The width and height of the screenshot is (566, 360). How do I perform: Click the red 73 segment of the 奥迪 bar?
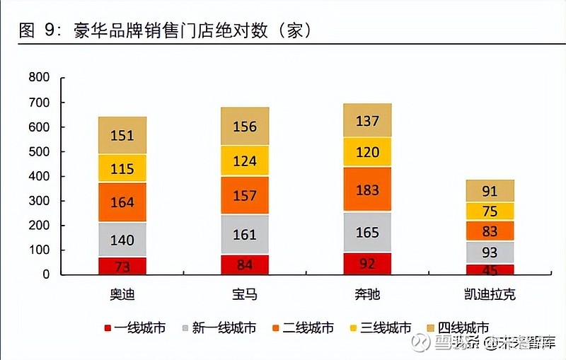coord(122,266)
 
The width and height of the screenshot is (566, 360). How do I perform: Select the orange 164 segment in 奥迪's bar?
coord(122,202)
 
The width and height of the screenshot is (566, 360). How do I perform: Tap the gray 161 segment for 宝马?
coord(245,234)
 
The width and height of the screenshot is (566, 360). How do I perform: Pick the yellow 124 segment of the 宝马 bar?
coord(245,161)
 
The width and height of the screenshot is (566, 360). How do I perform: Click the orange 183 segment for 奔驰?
coord(367,190)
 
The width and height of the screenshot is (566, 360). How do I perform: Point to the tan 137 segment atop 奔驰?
coord(367,120)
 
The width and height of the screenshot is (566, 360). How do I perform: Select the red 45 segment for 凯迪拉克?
coord(490,269)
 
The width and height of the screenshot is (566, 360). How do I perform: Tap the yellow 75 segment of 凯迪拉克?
coord(490,211)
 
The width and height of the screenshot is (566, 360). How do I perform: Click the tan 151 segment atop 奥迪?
coord(122,135)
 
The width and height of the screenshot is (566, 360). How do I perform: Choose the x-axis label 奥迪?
coord(122,294)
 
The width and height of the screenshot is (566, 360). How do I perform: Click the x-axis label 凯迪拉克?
coord(490,294)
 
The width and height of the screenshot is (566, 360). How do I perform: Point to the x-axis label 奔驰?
coord(367,294)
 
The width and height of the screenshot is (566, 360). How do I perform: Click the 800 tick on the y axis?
coord(40,78)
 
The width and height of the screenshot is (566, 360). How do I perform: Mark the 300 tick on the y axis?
coord(40,201)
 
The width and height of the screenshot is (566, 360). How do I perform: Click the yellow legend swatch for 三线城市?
coord(352,328)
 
